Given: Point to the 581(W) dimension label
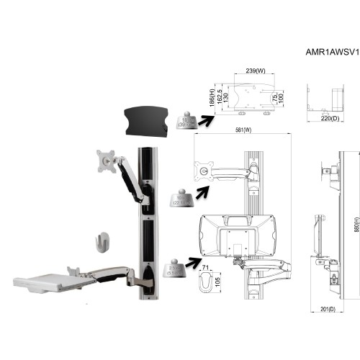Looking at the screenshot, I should (x=243, y=130).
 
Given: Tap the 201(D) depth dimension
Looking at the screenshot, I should (x=328, y=309).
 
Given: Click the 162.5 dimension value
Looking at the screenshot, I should (x=220, y=96).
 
